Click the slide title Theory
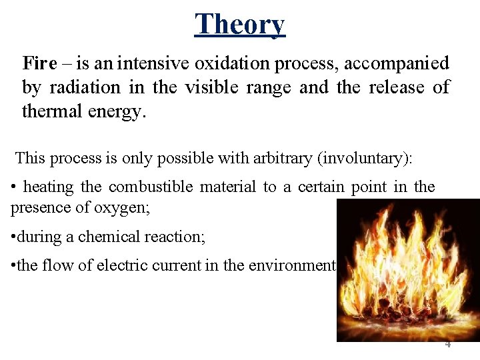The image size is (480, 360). coord(239,24)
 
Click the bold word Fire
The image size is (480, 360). coord(39,63)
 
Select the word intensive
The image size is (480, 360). coord(151,63)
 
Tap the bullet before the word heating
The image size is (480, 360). coord(14,187)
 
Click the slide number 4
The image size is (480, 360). coord(447,344)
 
